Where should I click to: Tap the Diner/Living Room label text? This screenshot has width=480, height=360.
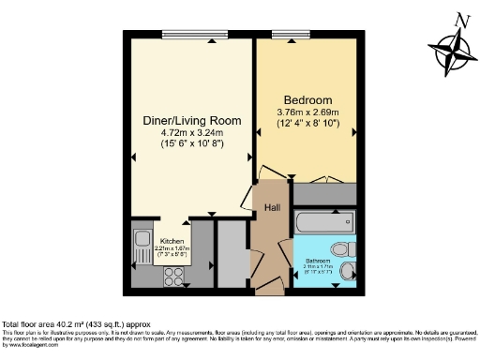point(192,121)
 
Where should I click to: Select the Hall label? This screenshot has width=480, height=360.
point(271,208)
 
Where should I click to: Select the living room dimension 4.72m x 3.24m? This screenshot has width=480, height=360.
point(192,134)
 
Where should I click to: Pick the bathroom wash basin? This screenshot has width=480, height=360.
point(347,272)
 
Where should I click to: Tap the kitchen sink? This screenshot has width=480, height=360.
point(142,247)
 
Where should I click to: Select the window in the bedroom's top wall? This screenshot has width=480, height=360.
point(288,36)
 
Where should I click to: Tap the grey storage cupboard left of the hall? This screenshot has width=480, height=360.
point(229,253)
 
